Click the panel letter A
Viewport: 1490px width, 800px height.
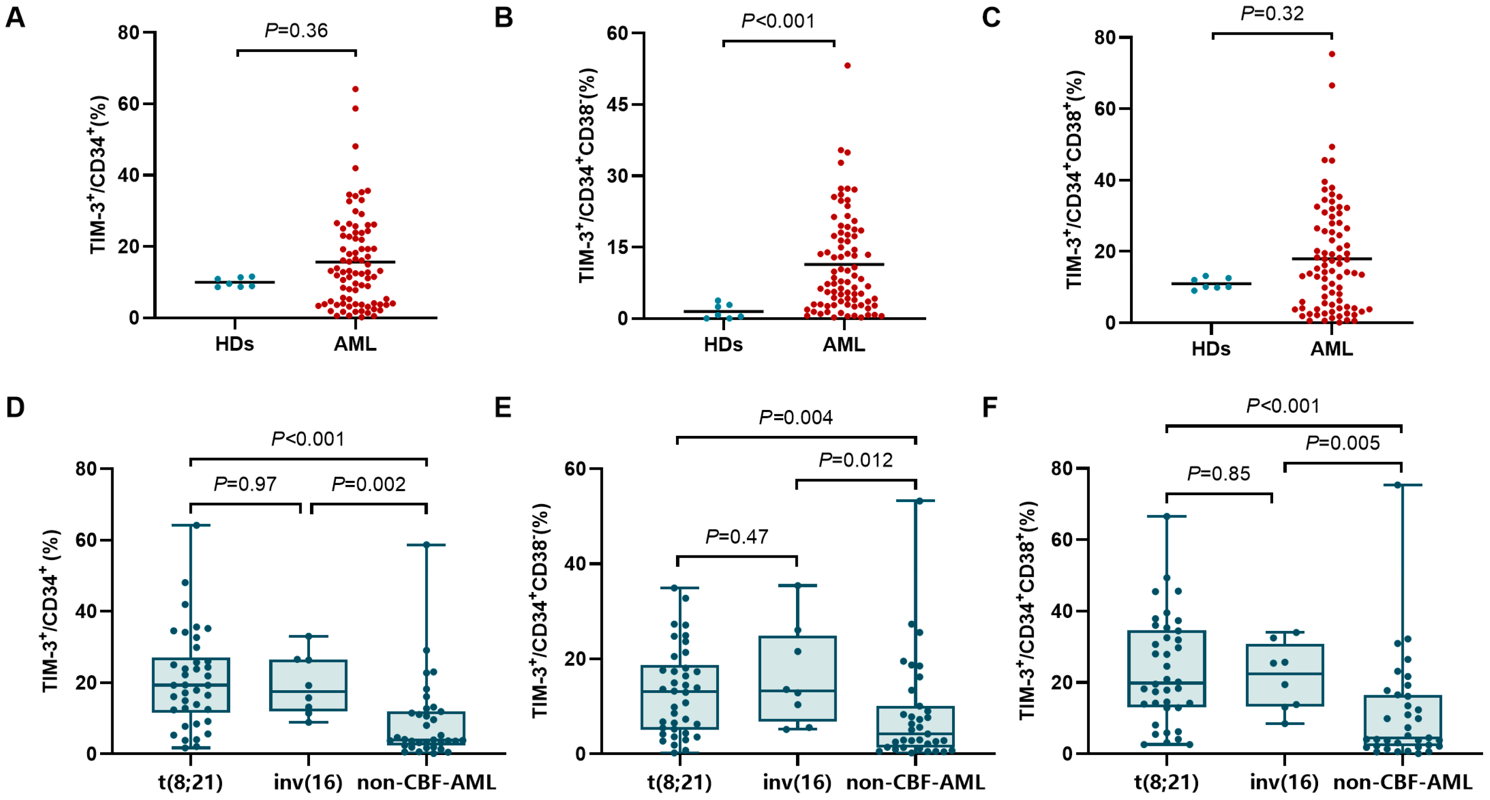pyautogui.click(x=16, y=17)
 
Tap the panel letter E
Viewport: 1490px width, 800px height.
pyautogui.click(x=503, y=408)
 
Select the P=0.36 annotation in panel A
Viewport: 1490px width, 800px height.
pyautogui.click(x=296, y=30)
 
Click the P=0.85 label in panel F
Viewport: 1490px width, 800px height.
pyautogui.click(x=1219, y=474)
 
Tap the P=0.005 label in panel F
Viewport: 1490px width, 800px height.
pyautogui.click(x=1343, y=443)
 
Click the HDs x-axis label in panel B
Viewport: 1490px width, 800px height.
pyautogui.click(x=723, y=345)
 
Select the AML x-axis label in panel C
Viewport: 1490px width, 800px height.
pyautogui.click(x=1332, y=349)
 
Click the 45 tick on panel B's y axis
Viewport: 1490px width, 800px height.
pyautogui.click(x=618, y=105)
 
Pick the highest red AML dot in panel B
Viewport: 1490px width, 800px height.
pyautogui.click(x=847, y=65)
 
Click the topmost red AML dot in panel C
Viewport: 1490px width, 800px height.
pyautogui.click(x=1332, y=54)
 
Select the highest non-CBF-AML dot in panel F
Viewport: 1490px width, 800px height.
pyautogui.click(x=1397, y=485)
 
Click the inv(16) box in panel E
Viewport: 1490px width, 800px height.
pyautogui.click(x=797, y=678)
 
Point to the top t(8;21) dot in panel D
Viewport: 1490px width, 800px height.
pyautogui.click(x=196, y=525)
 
